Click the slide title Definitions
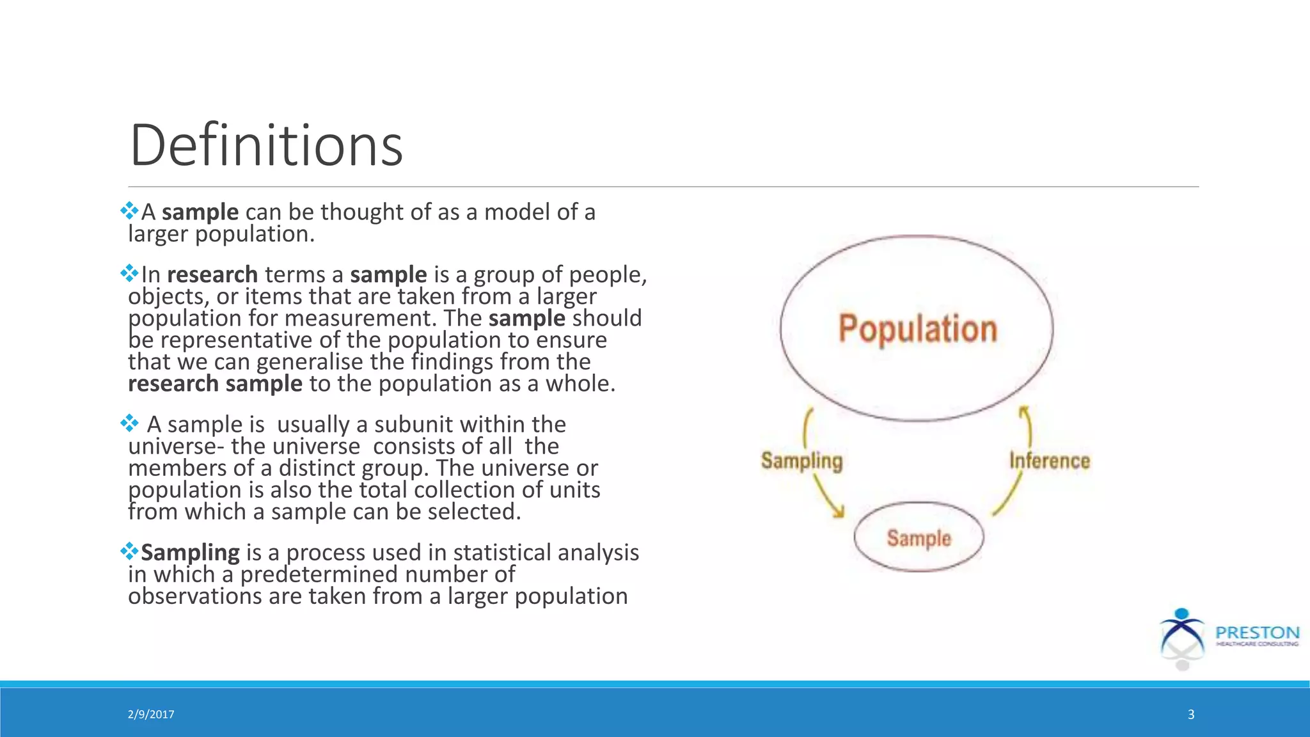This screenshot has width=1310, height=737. [266, 146]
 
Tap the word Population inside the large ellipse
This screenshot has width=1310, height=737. [918, 329]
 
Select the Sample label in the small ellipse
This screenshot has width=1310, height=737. [919, 538]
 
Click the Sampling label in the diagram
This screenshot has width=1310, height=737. [801, 461]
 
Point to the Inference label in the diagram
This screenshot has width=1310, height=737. [1049, 461]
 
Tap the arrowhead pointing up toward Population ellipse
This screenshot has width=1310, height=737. [1024, 411]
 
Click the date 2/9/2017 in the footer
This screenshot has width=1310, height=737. [151, 715]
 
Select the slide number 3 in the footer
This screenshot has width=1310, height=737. [1191, 715]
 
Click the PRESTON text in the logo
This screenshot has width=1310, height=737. [1257, 633]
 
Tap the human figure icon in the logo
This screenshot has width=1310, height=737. [1182, 637]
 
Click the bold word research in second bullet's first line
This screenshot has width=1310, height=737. [212, 275]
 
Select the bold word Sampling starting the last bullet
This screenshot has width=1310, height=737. [190, 553]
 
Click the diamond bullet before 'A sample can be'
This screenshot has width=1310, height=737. [129, 210]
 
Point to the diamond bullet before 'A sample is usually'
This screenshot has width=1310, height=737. [129, 423]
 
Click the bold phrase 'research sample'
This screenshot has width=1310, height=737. [215, 384]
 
